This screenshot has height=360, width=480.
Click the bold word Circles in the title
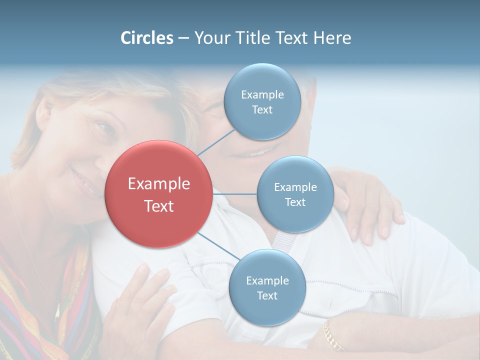[x=146, y=38]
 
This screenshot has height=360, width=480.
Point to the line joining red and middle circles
[x=234, y=194]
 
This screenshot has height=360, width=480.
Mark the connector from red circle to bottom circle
[x=218, y=246]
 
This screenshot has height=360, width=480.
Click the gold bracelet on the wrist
[x=332, y=335]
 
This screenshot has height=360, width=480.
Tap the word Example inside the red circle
[x=158, y=184]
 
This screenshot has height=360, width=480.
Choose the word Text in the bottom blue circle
[x=267, y=296]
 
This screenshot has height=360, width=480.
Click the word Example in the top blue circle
[x=262, y=95]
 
